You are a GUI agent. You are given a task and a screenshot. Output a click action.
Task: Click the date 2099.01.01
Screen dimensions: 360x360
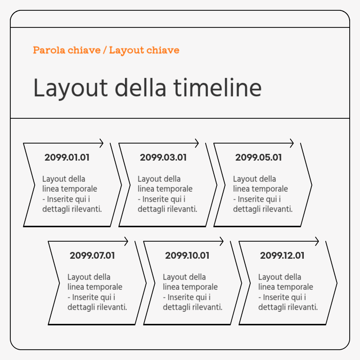tap(67, 157)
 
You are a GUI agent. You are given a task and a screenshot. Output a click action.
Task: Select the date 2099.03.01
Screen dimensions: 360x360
tap(163, 157)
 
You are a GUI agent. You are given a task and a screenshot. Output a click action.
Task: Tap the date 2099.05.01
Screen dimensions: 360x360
tap(258, 157)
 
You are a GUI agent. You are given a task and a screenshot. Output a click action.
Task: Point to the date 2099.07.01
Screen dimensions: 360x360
tap(92, 256)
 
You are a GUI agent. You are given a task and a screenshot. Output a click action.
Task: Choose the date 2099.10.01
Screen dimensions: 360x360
tap(187, 256)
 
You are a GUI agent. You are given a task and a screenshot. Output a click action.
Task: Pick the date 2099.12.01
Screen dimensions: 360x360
tap(282, 256)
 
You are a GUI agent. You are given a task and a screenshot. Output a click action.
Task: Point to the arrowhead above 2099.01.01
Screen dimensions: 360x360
tap(102, 143)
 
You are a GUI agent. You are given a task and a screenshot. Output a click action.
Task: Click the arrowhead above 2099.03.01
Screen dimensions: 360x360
tap(197, 143)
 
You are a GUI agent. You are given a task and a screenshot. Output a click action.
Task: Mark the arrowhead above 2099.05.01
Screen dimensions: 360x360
tap(292, 143)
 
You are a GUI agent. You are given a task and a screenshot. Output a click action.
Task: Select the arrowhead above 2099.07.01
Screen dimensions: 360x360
tap(126, 242)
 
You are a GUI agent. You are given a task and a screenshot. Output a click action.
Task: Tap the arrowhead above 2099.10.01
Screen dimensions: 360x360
tap(221, 242)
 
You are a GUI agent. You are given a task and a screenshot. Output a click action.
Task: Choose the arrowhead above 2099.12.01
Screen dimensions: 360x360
tap(317, 242)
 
